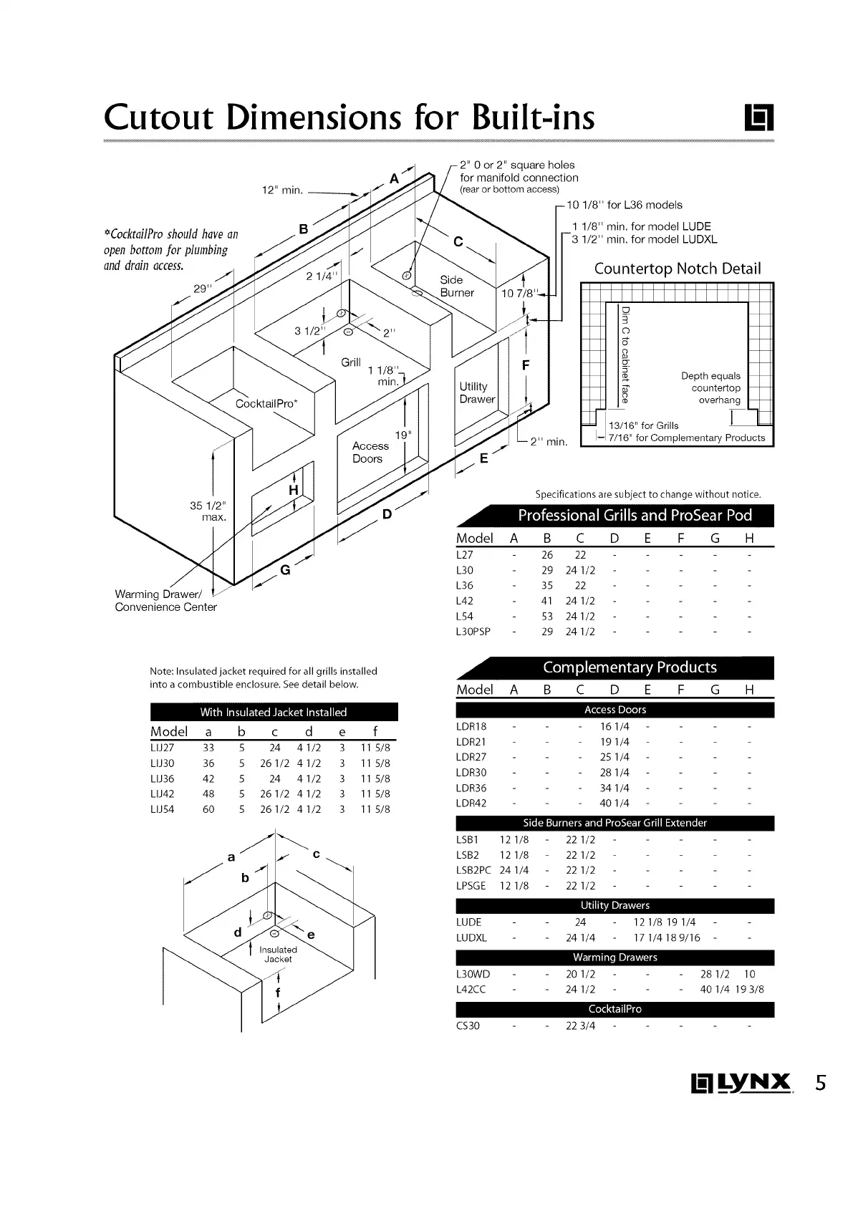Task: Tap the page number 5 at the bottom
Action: tap(820, 1082)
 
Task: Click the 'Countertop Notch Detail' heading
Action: tap(677, 269)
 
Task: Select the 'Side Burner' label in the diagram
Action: tap(457, 286)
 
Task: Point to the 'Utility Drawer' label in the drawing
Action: tap(476, 392)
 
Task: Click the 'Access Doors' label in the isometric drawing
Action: tap(370, 452)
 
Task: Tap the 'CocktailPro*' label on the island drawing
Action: tap(266, 403)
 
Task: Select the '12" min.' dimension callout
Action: tap(282, 190)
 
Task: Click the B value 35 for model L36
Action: tap(547, 585)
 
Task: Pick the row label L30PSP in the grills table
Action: tap(473, 632)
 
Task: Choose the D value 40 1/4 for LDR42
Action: tap(615, 803)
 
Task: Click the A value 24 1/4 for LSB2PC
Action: tap(514, 870)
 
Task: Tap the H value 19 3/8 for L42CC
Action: tap(750, 989)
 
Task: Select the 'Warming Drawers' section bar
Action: tap(615, 957)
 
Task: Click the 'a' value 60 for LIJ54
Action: tap(208, 809)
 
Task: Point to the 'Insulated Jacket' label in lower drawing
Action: tap(278, 954)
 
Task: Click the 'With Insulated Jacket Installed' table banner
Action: tap(273, 712)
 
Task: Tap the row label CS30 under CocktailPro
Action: tap(468, 1026)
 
